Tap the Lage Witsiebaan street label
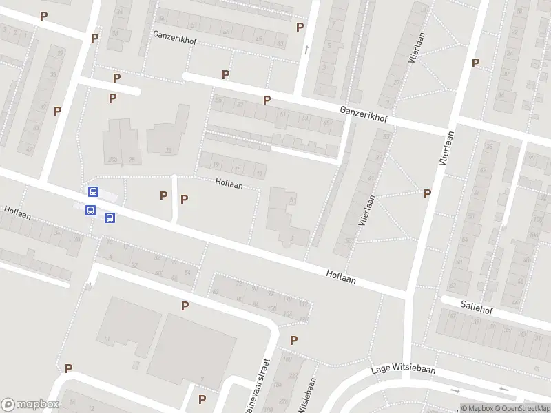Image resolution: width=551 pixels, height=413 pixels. pos(403,369)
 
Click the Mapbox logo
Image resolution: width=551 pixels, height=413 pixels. pos(30,405)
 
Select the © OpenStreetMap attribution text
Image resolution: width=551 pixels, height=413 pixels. pos(522,408)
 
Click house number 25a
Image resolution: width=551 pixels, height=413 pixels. pos(112,160)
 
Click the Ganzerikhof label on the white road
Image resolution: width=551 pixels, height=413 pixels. pos(364,115)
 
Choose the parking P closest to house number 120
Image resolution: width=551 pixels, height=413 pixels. pos(293,339)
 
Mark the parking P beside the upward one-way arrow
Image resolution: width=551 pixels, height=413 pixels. pos(300,28)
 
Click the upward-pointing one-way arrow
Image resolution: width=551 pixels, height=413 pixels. pos(306,48)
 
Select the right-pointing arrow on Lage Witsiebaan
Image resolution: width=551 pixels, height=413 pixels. pos(455,390)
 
